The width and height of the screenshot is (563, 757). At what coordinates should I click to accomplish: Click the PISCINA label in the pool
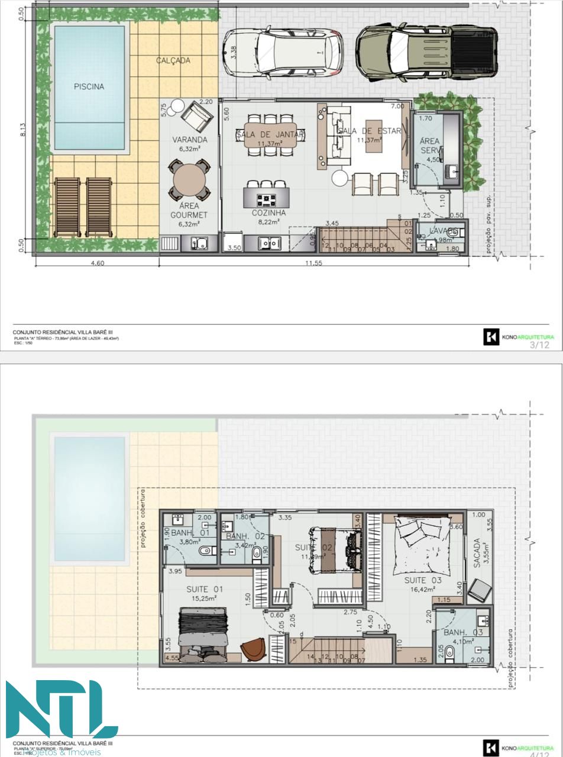(x=89, y=86)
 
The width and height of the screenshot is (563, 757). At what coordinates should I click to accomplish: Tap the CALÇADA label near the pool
(x=173, y=60)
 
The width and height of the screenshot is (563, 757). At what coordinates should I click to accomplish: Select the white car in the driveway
(x=283, y=53)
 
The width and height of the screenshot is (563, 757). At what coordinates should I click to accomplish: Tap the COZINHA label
(x=268, y=213)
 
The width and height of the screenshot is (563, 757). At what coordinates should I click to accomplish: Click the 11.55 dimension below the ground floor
(x=313, y=263)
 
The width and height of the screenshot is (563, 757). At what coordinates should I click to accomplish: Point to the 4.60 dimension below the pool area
(x=97, y=263)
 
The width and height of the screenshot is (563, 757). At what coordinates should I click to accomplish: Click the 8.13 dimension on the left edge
(x=22, y=130)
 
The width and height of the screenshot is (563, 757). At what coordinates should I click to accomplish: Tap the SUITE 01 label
(x=205, y=589)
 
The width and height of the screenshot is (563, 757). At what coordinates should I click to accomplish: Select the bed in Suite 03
(x=422, y=541)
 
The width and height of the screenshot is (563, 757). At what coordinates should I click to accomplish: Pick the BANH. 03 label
(x=463, y=633)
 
